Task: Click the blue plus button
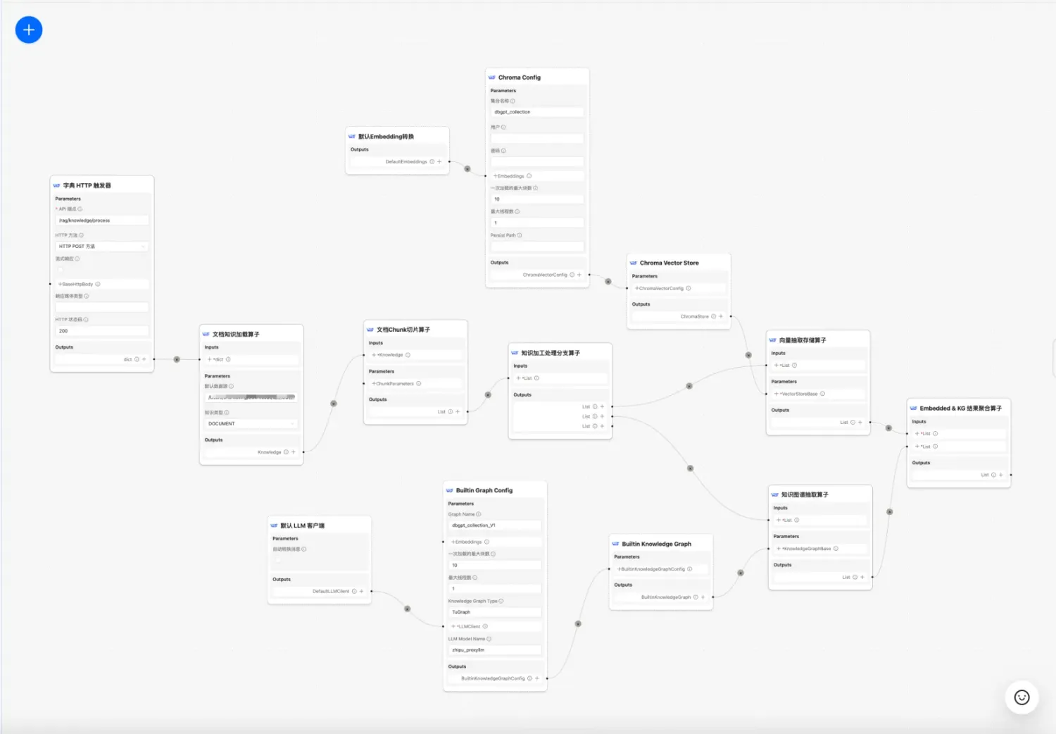tap(29, 30)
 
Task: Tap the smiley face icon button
tap(1022, 697)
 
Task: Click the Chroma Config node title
tap(520, 77)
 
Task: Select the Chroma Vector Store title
tap(669, 263)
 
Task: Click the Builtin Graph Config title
tap(484, 490)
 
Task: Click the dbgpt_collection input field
tap(537, 112)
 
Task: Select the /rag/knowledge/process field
tap(102, 220)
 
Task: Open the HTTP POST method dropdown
tap(102, 247)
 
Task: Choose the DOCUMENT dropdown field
tap(251, 423)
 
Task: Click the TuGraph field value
tap(495, 612)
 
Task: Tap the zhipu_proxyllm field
tap(495, 650)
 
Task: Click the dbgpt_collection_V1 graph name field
tap(495, 525)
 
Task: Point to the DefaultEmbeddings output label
tap(406, 162)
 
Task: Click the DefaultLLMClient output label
tap(331, 592)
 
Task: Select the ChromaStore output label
tap(694, 317)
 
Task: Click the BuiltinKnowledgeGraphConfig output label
tap(493, 678)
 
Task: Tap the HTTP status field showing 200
tap(102, 331)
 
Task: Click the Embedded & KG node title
tap(960, 409)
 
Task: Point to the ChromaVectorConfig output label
tap(545, 275)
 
